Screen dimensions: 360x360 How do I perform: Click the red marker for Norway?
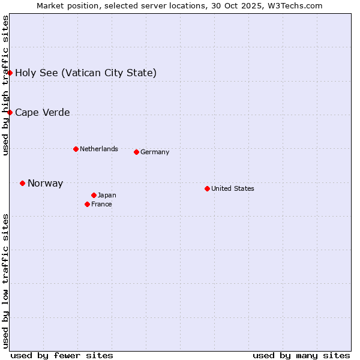22,183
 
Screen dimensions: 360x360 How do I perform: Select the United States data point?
207,188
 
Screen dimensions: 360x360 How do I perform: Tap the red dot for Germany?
136,152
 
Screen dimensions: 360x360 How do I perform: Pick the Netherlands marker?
76,149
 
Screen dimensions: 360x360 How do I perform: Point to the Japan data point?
94,195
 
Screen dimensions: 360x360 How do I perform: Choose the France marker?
87,204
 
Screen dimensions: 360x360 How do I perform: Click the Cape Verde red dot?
10,112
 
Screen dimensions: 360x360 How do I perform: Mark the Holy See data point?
10,73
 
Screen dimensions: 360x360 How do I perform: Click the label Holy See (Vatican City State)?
86,73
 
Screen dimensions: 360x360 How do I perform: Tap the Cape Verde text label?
42,113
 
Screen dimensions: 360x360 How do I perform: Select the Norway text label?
45,184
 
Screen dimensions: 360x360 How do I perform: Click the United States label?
233,188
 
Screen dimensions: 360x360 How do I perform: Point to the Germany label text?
155,152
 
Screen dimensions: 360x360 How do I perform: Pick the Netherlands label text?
99,149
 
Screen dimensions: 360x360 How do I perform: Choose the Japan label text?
107,195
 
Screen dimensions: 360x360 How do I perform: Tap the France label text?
101,204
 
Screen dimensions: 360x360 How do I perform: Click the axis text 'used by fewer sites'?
62,355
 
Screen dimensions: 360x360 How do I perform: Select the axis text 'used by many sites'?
301,355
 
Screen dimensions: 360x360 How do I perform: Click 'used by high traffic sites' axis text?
5,85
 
